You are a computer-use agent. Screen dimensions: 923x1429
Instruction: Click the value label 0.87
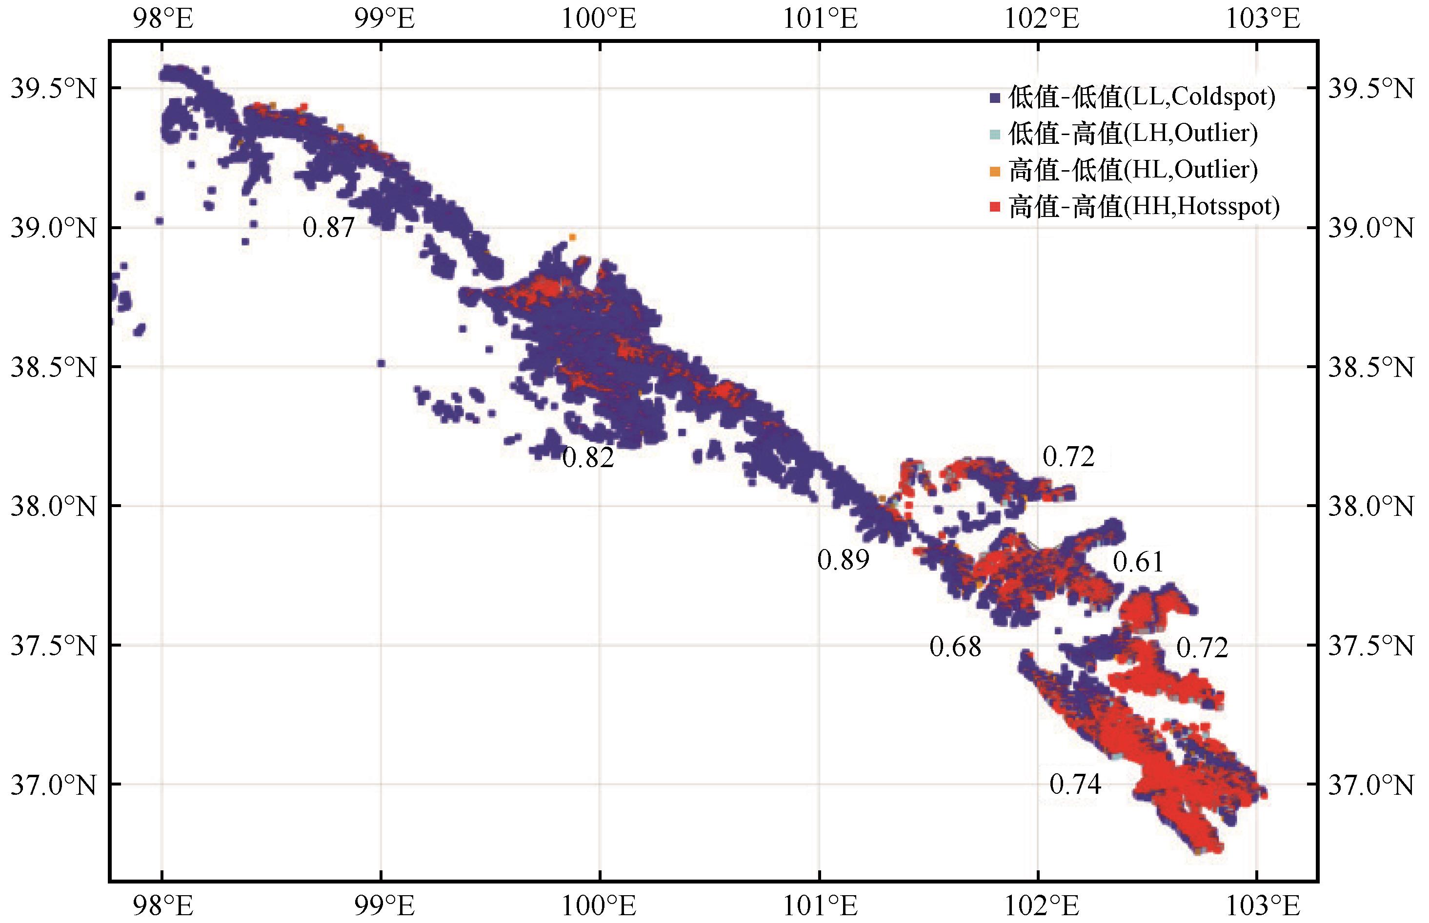pyautogui.click(x=329, y=228)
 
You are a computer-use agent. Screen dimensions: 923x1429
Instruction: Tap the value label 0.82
pyautogui.click(x=588, y=458)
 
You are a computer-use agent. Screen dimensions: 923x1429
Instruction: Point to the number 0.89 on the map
pyautogui.click(x=843, y=560)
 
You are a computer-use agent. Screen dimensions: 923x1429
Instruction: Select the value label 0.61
pyautogui.click(x=1138, y=562)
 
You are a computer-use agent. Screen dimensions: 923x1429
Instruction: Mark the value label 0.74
pyautogui.click(x=1076, y=784)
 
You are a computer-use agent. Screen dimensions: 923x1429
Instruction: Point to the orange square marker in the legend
pyautogui.click(x=995, y=172)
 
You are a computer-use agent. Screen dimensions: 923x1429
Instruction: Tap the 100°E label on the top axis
pyautogui.click(x=599, y=19)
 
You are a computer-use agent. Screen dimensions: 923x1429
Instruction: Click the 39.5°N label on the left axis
pyautogui.click(x=53, y=89)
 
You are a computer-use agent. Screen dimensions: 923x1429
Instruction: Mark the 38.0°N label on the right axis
pyautogui.click(x=1371, y=507)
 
